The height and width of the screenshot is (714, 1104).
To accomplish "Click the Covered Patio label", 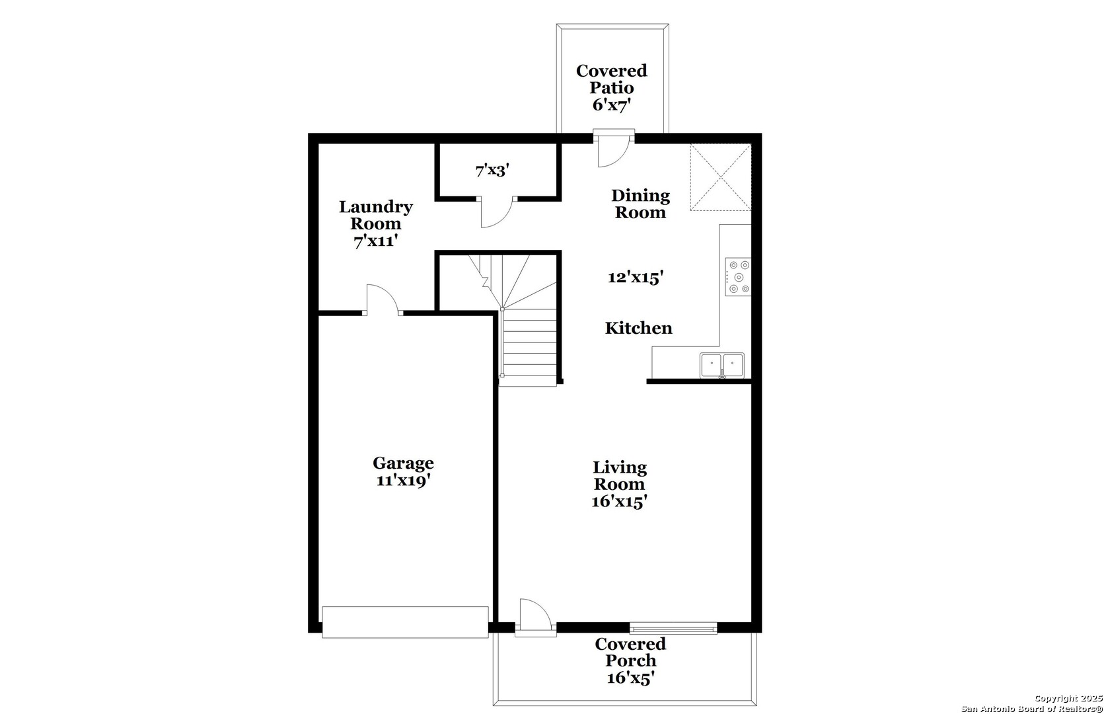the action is (x=612, y=79).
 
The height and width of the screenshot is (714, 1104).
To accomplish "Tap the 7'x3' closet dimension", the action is (x=492, y=171).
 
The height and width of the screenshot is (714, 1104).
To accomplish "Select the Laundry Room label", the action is (x=375, y=215).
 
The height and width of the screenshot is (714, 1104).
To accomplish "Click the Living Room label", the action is (x=620, y=475).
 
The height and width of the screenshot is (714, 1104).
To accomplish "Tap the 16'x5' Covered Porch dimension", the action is (x=630, y=678).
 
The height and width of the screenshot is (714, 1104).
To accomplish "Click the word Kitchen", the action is (x=639, y=328).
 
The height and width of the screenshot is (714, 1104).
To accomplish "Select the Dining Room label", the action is (x=641, y=204).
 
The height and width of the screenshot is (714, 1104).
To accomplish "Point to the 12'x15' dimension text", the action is (x=636, y=277).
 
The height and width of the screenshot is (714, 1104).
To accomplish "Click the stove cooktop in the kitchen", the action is (x=738, y=277).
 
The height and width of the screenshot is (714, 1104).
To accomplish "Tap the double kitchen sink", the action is (x=722, y=366).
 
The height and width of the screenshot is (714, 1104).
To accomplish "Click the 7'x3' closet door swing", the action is (x=497, y=212).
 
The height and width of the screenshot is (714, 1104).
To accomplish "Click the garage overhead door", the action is (x=405, y=622).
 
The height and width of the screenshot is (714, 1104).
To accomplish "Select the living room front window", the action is (x=673, y=627).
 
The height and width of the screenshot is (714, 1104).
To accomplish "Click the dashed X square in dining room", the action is (x=721, y=178).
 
